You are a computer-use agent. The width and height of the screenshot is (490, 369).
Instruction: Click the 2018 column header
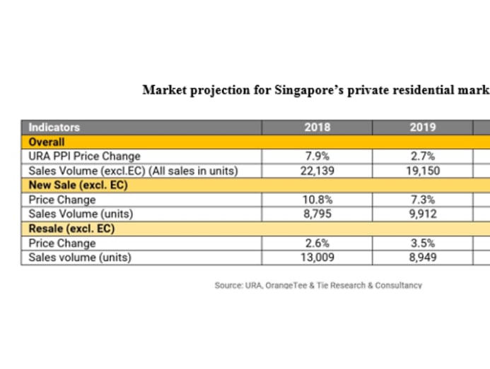pos(317,128)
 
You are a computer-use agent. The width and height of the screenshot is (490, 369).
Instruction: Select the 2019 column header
pos(422,128)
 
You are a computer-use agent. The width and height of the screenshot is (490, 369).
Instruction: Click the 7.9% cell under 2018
pos(317,156)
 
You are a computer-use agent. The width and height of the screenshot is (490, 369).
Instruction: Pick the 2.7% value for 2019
pos(422,156)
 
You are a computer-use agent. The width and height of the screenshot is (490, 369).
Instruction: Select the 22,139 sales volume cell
pos(317,171)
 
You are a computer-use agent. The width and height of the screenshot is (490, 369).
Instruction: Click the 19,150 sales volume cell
pos(422,171)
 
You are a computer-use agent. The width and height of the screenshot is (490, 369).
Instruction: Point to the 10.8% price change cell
pos(317,200)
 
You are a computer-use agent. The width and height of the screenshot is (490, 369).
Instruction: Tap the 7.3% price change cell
pos(422,200)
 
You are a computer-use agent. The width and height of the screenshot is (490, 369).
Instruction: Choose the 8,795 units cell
pos(317,214)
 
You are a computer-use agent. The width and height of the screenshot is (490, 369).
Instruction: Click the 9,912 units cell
pos(422,214)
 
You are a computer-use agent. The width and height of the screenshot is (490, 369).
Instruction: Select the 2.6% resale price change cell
pos(317,243)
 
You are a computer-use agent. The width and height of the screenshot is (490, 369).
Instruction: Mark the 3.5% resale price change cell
pos(422,243)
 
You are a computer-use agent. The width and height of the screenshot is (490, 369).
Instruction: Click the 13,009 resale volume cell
pos(317,258)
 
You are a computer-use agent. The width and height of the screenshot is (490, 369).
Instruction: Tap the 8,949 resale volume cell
pos(422,258)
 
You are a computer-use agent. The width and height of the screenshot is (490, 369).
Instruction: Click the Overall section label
pos(46,142)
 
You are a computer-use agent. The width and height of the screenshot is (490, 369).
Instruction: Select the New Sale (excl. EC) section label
pos(71,186)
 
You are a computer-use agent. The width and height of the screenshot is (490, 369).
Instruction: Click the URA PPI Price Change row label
pos(83,156)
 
